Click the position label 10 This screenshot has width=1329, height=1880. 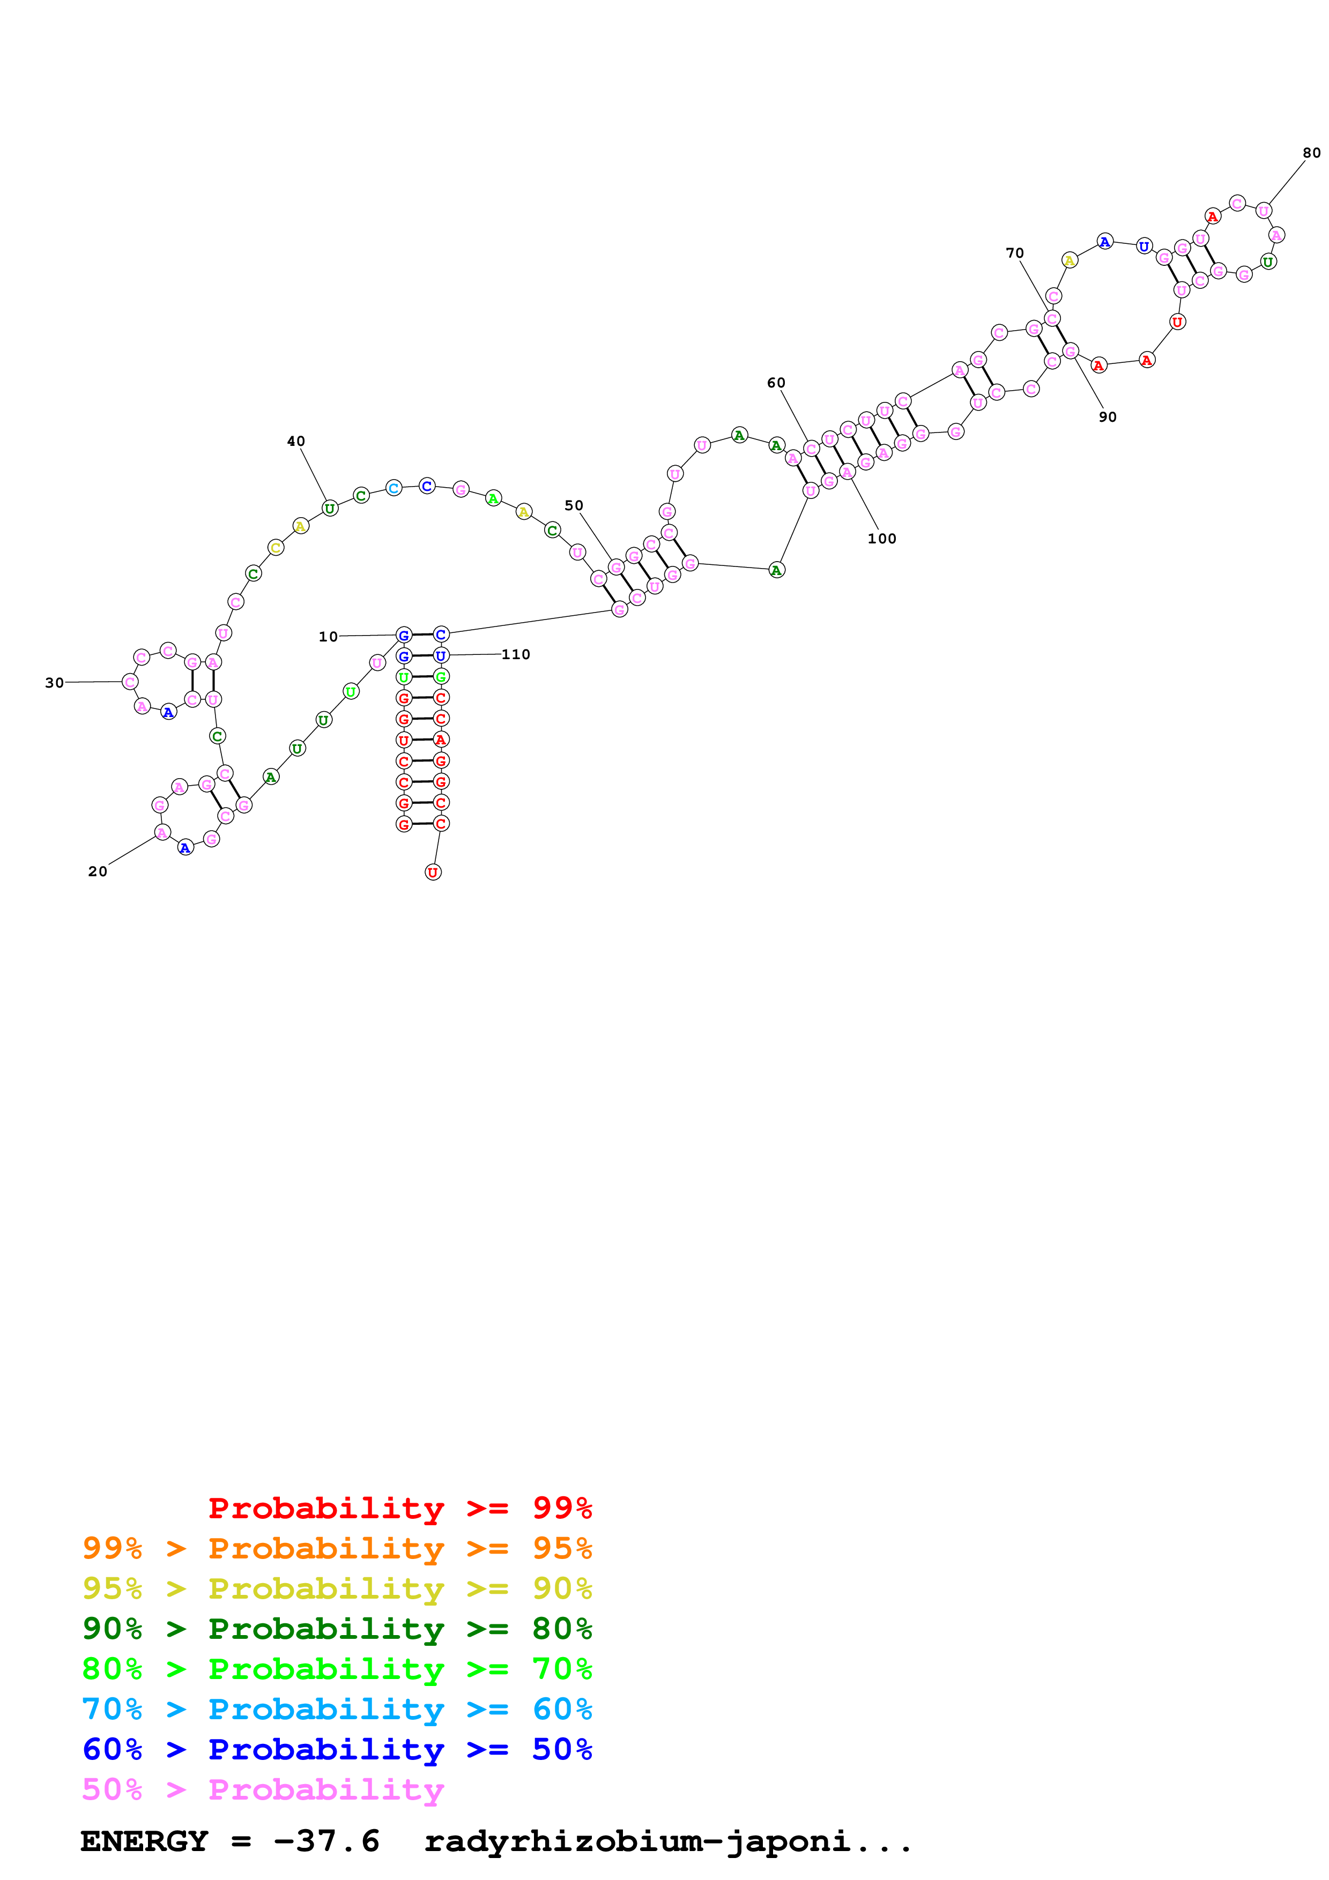[x=328, y=636]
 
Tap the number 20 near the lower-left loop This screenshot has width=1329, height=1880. [x=98, y=871]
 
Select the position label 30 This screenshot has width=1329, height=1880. [x=54, y=683]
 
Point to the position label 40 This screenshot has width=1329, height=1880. [x=295, y=442]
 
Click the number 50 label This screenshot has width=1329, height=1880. [x=574, y=505]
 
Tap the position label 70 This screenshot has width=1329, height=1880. [x=1014, y=253]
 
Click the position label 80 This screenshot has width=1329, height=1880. [x=1311, y=153]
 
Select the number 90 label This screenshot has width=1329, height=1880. [x=1107, y=417]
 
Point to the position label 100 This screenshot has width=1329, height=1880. [x=882, y=539]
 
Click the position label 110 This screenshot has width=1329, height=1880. [x=516, y=654]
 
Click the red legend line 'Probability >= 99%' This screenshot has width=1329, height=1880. [x=399, y=1508]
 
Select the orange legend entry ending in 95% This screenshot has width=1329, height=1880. [x=337, y=1548]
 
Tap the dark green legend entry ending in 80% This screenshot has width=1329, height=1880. [x=337, y=1629]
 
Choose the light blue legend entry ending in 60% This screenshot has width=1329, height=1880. [x=337, y=1709]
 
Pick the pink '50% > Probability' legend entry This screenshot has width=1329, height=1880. [x=262, y=1789]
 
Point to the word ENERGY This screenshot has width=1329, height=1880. [x=144, y=1841]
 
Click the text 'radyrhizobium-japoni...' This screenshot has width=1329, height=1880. [x=667, y=1841]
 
